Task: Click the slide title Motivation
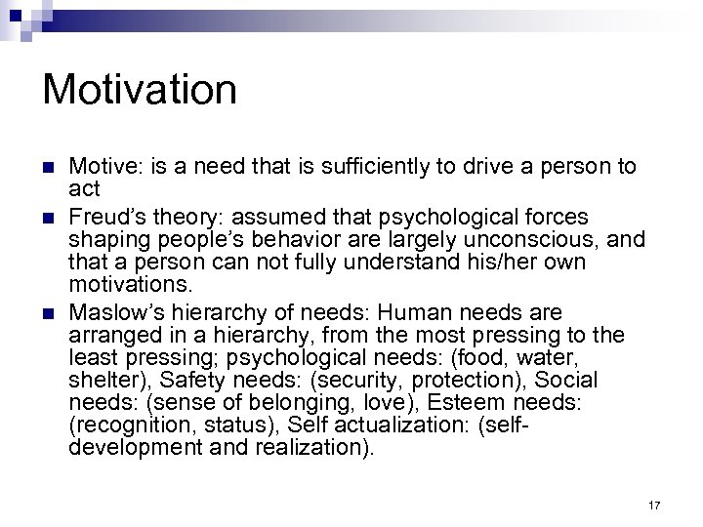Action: pyautogui.click(x=140, y=90)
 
